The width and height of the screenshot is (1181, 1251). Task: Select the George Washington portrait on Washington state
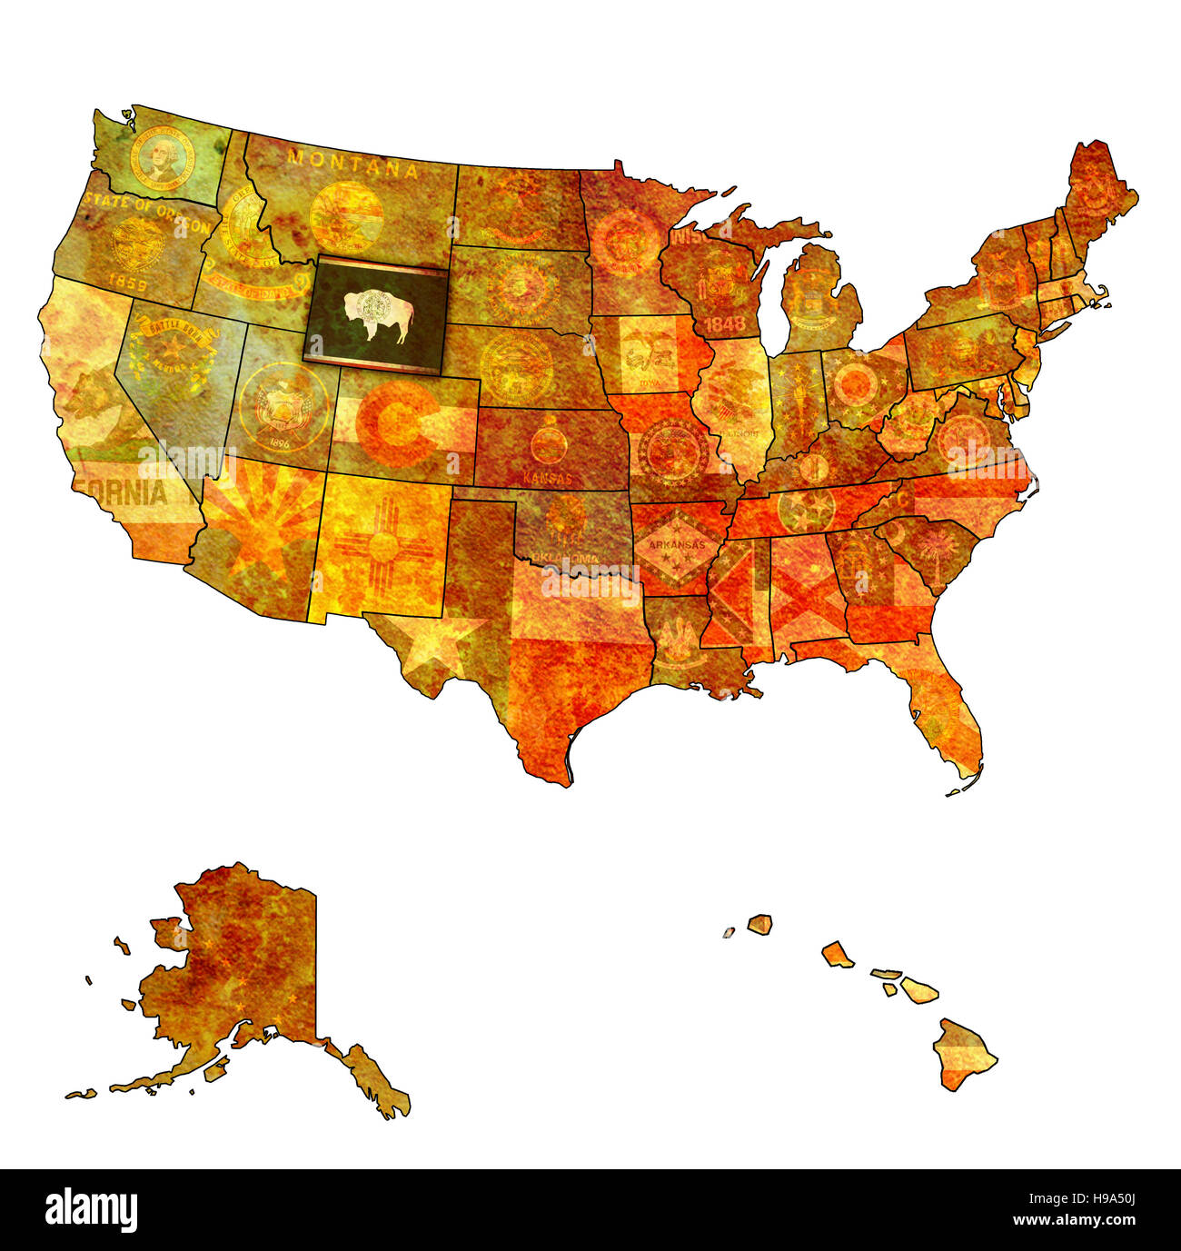coord(163,157)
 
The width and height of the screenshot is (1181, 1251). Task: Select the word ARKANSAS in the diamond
coord(670,545)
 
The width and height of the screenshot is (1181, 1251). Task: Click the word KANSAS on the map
coord(548,478)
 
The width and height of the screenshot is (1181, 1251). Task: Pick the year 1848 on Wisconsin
coord(724,323)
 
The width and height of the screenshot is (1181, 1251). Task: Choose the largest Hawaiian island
coord(964,1054)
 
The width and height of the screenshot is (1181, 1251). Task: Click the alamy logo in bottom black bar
coord(91,1210)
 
